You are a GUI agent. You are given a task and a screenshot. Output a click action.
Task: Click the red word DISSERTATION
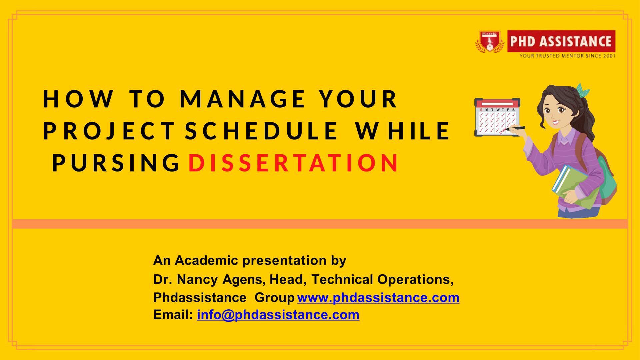(x=293, y=163)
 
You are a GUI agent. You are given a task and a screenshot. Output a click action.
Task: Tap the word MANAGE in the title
(x=242, y=99)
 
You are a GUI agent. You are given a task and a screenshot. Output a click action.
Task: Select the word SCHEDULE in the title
(x=261, y=131)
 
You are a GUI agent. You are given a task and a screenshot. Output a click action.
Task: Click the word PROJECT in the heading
(x=109, y=131)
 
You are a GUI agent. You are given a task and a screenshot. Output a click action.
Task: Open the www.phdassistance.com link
(x=378, y=298)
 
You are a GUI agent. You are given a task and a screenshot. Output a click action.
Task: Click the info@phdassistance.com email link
(x=278, y=315)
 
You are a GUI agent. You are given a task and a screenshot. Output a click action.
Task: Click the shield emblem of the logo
(x=490, y=41)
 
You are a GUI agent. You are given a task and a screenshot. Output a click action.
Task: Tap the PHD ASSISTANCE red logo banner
(x=561, y=41)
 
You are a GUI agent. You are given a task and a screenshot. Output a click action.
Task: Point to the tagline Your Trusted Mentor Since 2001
(x=567, y=56)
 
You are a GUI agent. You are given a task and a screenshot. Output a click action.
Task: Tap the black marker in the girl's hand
(x=516, y=128)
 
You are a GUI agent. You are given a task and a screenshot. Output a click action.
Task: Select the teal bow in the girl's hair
(x=583, y=90)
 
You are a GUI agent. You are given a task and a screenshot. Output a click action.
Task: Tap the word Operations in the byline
(x=415, y=280)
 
